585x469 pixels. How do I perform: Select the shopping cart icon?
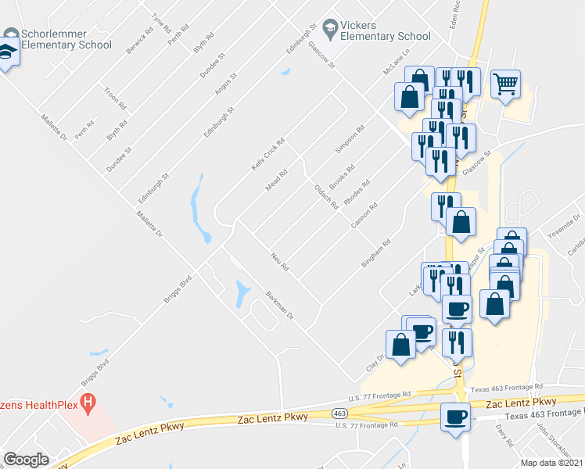tap(506, 83)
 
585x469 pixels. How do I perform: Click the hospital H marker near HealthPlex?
tap(88, 404)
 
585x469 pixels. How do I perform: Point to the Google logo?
tap(26, 460)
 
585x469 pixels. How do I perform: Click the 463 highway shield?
tap(339, 413)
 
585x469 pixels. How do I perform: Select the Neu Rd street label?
tap(280, 262)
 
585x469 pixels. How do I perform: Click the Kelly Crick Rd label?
tap(267, 154)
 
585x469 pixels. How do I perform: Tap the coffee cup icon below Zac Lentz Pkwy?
tap(456, 416)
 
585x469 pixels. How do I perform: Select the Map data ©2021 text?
tap(551, 463)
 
